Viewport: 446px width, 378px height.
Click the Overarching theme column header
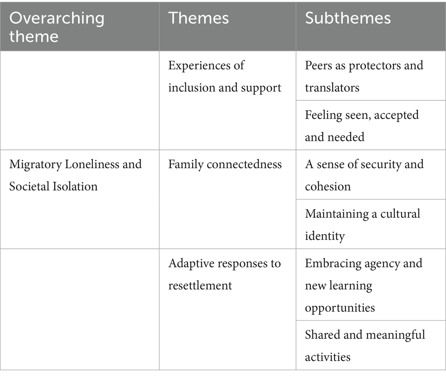pyautogui.click(x=57, y=27)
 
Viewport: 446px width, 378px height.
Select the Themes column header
pyautogui.click(x=198, y=18)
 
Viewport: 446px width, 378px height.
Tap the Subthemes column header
pyautogui.click(x=347, y=18)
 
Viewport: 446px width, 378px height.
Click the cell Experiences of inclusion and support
pyautogui.click(x=225, y=76)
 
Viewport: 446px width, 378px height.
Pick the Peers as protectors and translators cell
pyautogui.click(x=364, y=76)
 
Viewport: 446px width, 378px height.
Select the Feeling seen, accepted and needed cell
pyautogui.click(x=362, y=126)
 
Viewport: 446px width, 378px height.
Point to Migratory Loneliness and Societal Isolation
pyautogui.click(x=75, y=175)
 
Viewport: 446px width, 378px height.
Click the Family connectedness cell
pyautogui.click(x=225, y=164)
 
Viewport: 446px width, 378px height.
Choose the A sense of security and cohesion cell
pyautogui.click(x=364, y=175)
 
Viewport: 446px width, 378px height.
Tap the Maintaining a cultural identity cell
pyautogui.click(x=362, y=224)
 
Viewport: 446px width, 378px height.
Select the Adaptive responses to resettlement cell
pyautogui.click(x=225, y=274)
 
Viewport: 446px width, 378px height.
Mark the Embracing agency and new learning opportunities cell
pyautogui.click(x=363, y=285)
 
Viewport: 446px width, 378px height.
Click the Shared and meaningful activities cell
pyautogui.click(x=365, y=345)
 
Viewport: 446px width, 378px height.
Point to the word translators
pyautogui.click(x=332, y=88)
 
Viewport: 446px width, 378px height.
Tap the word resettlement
pyautogui.click(x=200, y=285)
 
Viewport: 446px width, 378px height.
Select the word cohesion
pyautogui.click(x=328, y=186)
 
